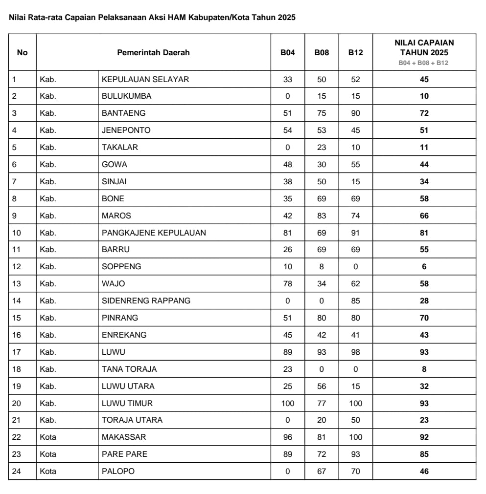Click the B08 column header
[322, 52]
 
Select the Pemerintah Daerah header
[153, 52]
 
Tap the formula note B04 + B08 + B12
[424, 63]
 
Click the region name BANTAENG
[124, 113]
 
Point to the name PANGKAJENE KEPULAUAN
[154, 233]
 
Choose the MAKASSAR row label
[124, 437]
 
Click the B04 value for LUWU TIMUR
[288, 403]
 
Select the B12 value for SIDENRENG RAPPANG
[355, 301]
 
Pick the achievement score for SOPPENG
[424, 267]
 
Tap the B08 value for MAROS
[322, 215]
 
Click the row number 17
[16, 352]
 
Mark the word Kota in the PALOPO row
[48, 471]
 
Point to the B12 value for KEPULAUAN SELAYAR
[355, 79]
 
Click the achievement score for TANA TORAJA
[424, 369]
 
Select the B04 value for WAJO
[288, 284]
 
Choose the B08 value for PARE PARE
[322, 454]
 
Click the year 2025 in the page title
[286, 18]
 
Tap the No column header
[22, 52]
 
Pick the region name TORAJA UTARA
[132, 420]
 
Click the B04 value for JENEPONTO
[288, 130]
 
